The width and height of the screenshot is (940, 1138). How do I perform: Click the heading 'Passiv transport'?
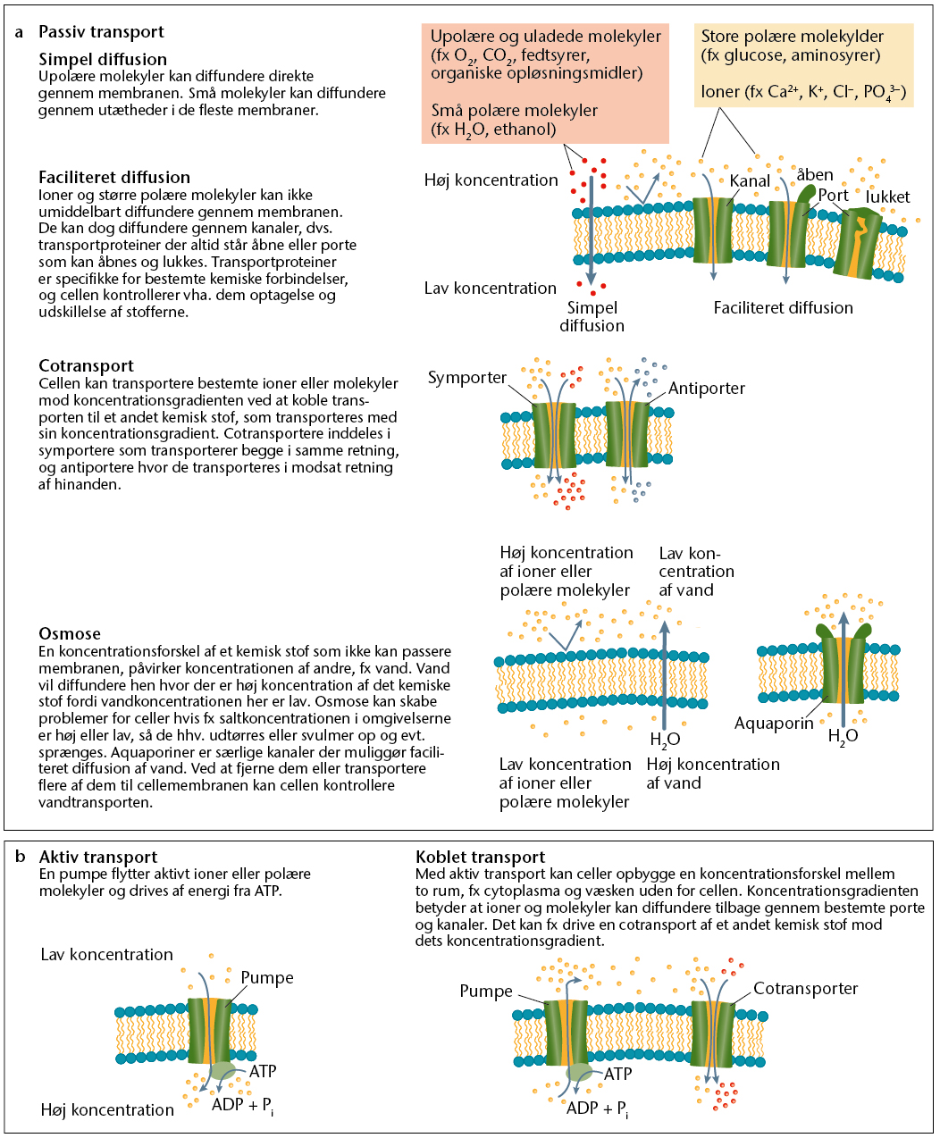tap(101, 32)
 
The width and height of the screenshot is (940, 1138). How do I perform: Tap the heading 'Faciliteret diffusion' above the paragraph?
tap(114, 177)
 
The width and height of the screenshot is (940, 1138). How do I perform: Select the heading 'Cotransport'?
tap(86, 365)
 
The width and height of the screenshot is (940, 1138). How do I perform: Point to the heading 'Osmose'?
tap(69, 633)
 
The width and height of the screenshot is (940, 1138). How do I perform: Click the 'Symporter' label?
tap(466, 378)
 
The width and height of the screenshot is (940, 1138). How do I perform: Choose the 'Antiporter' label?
tap(706, 388)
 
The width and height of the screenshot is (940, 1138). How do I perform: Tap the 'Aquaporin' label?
tap(773, 724)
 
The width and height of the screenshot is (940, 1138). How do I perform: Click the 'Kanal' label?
tap(750, 181)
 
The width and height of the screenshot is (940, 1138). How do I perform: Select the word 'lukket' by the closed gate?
tap(887, 197)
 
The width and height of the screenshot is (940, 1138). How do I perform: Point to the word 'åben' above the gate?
tap(815, 174)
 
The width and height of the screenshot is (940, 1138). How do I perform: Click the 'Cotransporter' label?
tap(805, 989)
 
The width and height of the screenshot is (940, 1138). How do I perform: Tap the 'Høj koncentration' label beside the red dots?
tap(491, 180)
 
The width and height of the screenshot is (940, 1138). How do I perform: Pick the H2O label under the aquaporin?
tap(843, 736)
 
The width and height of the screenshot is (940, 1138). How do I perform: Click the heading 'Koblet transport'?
tap(480, 858)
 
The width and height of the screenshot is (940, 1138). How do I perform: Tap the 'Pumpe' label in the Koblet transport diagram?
tap(486, 991)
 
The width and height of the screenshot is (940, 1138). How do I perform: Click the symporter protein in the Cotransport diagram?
tap(554, 436)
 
